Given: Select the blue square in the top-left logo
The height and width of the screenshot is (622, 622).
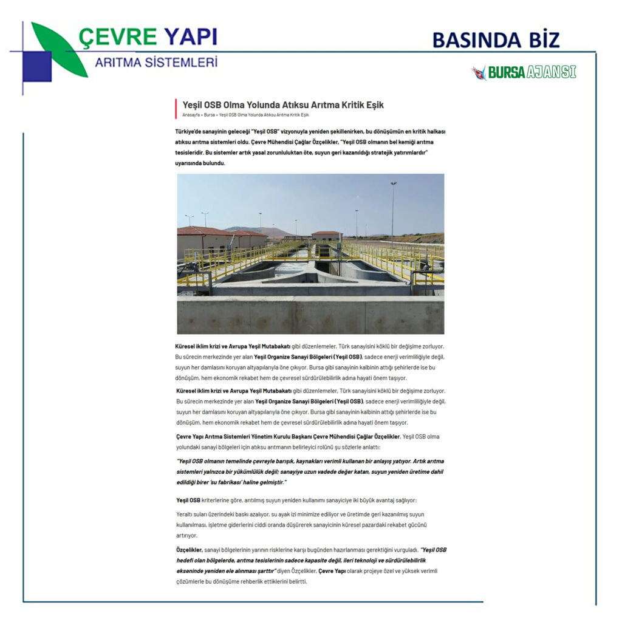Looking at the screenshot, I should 36,66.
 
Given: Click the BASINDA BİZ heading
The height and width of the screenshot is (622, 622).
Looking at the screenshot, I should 496,40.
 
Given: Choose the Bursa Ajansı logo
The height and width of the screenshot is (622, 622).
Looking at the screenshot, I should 524,72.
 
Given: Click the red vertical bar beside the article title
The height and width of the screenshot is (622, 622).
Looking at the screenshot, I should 176,108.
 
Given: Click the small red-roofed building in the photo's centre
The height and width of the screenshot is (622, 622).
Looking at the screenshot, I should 326,236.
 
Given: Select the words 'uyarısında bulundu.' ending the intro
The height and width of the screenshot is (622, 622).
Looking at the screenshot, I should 200,163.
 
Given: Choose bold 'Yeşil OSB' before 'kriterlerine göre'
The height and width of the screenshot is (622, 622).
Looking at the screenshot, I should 188,500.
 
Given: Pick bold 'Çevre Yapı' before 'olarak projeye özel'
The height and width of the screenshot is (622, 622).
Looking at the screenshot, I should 333,571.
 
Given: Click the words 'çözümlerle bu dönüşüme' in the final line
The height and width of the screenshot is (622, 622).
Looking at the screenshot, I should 208,581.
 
